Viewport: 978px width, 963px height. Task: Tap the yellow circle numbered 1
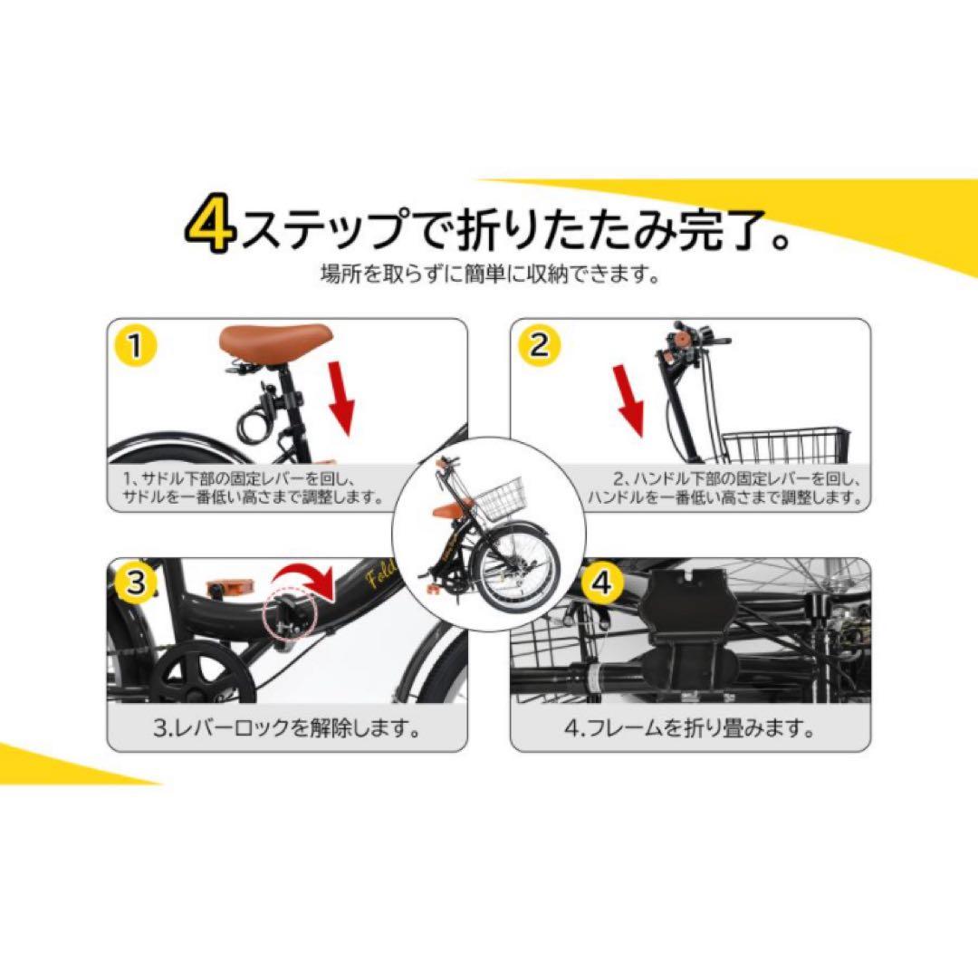(x=135, y=345)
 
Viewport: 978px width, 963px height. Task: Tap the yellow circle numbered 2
(x=540, y=345)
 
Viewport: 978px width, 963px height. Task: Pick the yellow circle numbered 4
(x=601, y=582)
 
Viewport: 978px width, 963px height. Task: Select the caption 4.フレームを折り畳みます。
(x=690, y=727)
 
